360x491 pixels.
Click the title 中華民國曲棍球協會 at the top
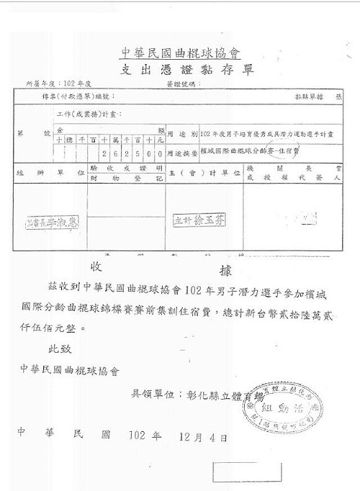[180, 53]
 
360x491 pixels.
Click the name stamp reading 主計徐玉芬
[199, 220]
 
